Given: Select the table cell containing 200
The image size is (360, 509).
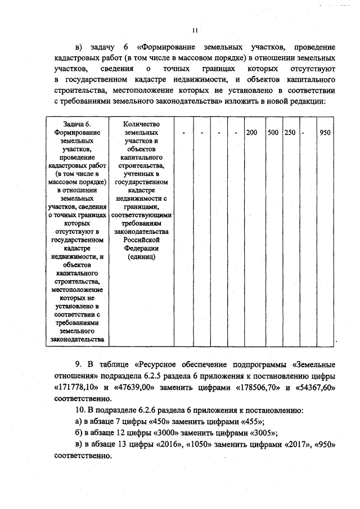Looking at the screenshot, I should (252, 132).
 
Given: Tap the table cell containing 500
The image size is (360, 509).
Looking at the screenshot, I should (273, 132).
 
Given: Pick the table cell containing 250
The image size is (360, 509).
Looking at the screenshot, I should (290, 132).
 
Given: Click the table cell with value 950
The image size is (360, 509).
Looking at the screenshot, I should (325, 132).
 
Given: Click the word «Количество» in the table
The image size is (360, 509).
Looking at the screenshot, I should (142, 124).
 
